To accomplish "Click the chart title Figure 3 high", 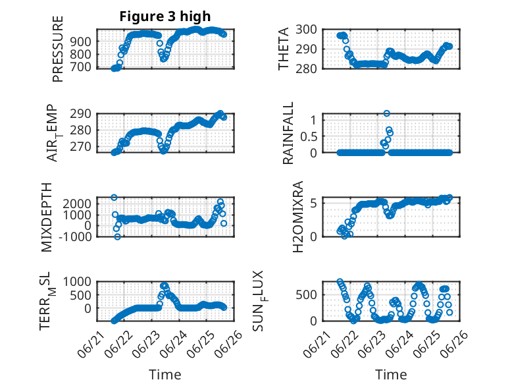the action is click(x=165, y=16).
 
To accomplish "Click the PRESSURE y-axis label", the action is click(x=57, y=49).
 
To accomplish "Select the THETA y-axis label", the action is click(x=284, y=49).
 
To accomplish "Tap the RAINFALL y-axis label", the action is click(x=288, y=133).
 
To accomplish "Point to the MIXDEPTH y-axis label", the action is click(x=47, y=217).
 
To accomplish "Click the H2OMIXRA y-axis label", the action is click(x=298, y=217).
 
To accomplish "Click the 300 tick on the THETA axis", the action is click(x=306, y=30).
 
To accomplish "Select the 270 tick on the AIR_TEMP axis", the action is click(x=81, y=147).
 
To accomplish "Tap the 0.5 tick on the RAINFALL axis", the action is click(x=309, y=136).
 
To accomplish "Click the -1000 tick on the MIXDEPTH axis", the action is click(x=76, y=236).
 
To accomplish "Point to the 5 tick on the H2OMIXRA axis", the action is click(x=313, y=204).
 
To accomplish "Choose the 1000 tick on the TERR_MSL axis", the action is click(x=77, y=281).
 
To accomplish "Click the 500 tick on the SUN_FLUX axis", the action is click(x=306, y=295).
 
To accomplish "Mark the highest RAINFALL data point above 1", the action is click(x=386, y=113).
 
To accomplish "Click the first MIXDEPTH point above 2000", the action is click(x=114, y=198).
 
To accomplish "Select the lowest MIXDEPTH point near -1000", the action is click(x=118, y=236).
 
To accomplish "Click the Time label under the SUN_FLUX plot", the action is click(x=391, y=374).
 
